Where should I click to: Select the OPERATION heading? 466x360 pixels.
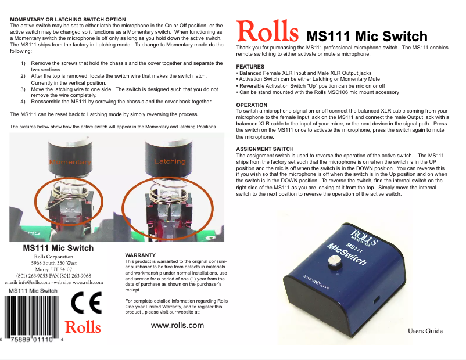tap(252, 105)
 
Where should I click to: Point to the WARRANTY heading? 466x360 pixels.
tap(140, 255)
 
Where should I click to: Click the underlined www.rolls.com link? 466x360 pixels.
tap(177, 325)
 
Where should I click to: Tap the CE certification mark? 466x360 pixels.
tap(86, 303)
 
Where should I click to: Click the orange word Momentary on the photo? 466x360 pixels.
tap(70, 162)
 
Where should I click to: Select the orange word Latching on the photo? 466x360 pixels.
tap(170, 161)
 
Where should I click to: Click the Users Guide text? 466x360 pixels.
tap(425, 331)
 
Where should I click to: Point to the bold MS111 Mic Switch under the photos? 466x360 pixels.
tap(58, 248)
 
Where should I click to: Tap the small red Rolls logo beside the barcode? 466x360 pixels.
tap(83, 327)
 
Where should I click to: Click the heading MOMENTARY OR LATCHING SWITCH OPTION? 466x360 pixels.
tap(68, 20)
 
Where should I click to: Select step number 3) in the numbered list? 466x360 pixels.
tap(23, 90)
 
